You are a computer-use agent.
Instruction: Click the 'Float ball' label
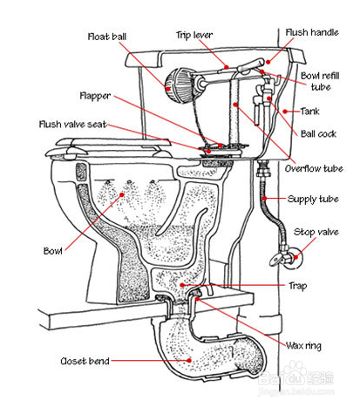[x=107, y=37]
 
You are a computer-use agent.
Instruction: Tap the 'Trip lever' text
[x=194, y=35]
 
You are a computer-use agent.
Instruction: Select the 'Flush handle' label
[x=312, y=32]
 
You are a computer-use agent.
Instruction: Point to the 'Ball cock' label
[x=318, y=133]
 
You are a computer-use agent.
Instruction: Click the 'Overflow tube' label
[x=314, y=168]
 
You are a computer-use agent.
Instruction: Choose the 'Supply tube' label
[x=313, y=200]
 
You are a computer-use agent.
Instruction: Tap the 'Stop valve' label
[x=316, y=232]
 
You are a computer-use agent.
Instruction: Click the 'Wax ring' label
[x=303, y=345]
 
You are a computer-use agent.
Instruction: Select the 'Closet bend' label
[x=85, y=361]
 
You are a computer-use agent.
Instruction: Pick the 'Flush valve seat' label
[x=73, y=125]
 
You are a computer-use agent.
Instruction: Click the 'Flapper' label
[x=95, y=96]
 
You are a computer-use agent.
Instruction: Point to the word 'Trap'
[x=297, y=286]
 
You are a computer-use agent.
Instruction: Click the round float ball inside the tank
[x=179, y=85]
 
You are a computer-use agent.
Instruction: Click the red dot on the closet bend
[x=189, y=361]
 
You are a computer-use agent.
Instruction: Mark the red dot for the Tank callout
[x=285, y=112]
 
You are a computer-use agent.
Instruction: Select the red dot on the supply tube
[x=264, y=199]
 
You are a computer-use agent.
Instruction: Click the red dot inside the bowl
[x=122, y=194]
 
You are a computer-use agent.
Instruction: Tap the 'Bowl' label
[x=52, y=251]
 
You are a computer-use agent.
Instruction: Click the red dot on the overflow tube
[x=235, y=105]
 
